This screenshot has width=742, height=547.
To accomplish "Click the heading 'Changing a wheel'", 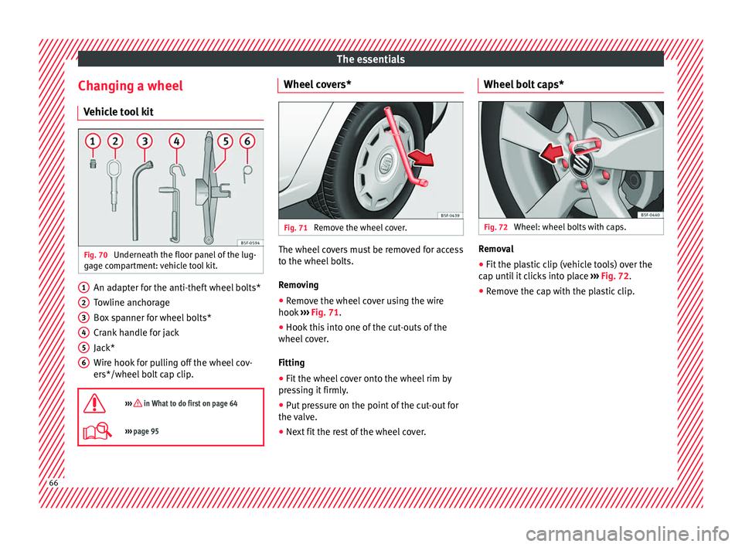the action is (x=130, y=86).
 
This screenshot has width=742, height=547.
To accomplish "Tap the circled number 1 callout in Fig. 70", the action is (x=93, y=141).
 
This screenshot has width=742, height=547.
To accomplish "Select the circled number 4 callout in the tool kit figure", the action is (x=176, y=141).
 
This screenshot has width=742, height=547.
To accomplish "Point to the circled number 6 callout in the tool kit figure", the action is (x=247, y=141).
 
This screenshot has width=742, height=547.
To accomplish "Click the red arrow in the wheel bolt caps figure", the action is (x=552, y=153).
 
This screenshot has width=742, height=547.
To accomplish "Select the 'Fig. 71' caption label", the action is (x=296, y=228).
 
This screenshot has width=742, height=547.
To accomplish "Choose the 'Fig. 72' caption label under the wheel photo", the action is (x=495, y=227).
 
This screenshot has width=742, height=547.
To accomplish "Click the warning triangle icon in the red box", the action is (x=94, y=403).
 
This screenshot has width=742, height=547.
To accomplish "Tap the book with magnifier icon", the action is (x=97, y=431).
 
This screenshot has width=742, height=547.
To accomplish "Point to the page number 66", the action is (x=53, y=483).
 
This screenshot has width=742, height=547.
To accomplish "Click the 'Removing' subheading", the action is (x=298, y=285).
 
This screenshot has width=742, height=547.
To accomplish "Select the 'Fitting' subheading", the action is (x=291, y=362).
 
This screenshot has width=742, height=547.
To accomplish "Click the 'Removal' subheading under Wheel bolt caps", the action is (x=496, y=249).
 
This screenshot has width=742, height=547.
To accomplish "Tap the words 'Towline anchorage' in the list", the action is (x=131, y=302).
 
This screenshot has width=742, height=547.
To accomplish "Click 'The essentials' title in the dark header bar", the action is (x=370, y=59).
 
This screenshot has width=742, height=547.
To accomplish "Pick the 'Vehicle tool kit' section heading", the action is (x=118, y=112).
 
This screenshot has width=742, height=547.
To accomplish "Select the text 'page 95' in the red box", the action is (x=146, y=431).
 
